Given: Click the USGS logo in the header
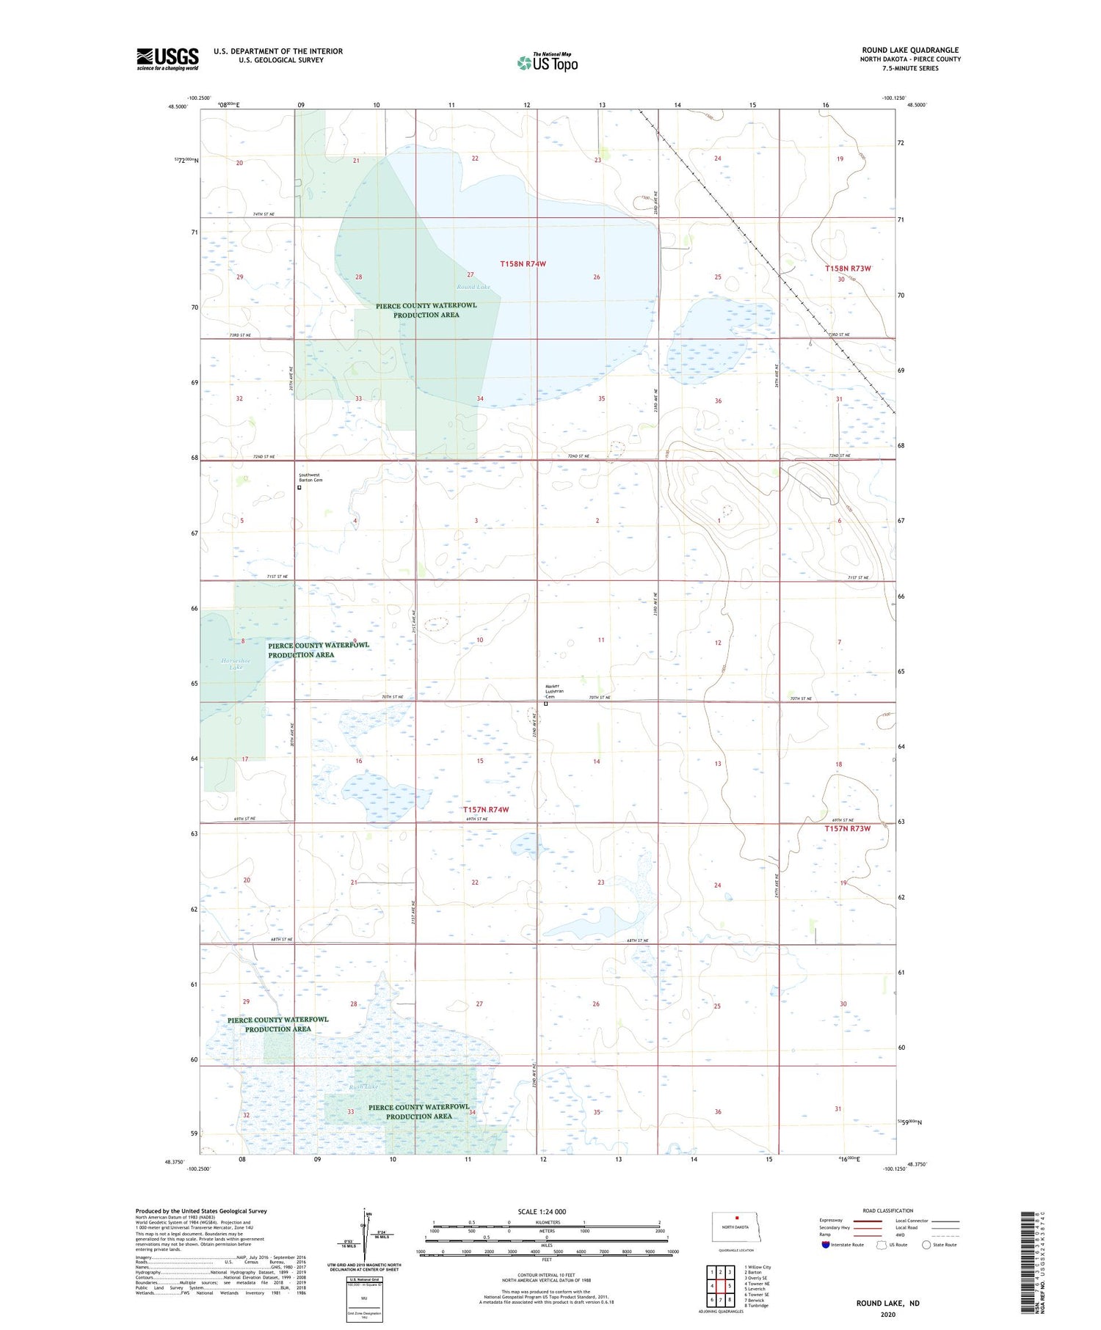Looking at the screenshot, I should click(x=167, y=59).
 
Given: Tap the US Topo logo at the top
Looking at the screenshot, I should click(x=548, y=62).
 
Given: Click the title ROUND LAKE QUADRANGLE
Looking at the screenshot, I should click(x=910, y=50).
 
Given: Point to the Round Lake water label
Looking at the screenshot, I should click(x=473, y=287).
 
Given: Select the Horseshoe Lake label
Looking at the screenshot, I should click(x=236, y=663).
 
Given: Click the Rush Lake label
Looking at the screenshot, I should click(x=363, y=1086).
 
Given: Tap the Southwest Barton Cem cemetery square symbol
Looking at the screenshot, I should click(x=299, y=487).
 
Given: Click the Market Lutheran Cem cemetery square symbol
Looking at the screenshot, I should click(x=546, y=704).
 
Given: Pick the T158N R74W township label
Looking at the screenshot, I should click(x=523, y=263).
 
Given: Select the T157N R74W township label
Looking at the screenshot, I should click(x=485, y=810).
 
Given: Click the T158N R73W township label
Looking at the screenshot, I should click(x=848, y=268).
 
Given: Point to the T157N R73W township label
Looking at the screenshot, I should click(x=847, y=828).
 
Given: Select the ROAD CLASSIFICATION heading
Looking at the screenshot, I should click(x=888, y=1210).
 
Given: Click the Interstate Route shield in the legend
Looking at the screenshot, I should click(x=826, y=1244).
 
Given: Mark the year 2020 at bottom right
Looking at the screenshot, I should click(x=888, y=1314).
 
